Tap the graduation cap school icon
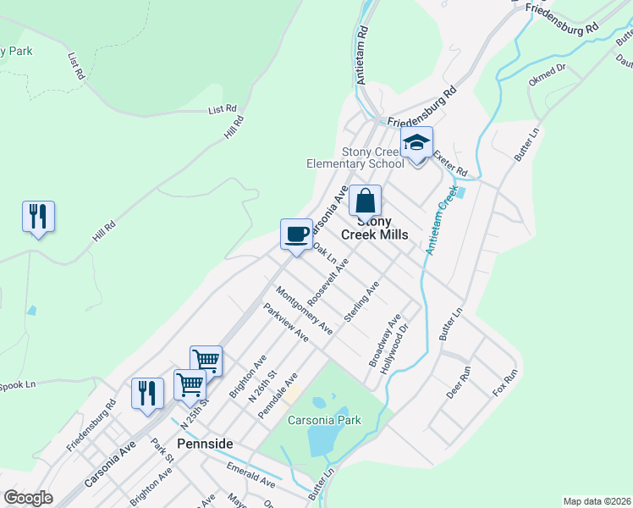416,145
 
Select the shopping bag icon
366,203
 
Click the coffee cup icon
296,235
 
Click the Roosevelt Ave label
328,283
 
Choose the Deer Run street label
465,383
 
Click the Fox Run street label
504,384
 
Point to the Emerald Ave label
250,474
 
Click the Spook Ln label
17,384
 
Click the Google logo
28,498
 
